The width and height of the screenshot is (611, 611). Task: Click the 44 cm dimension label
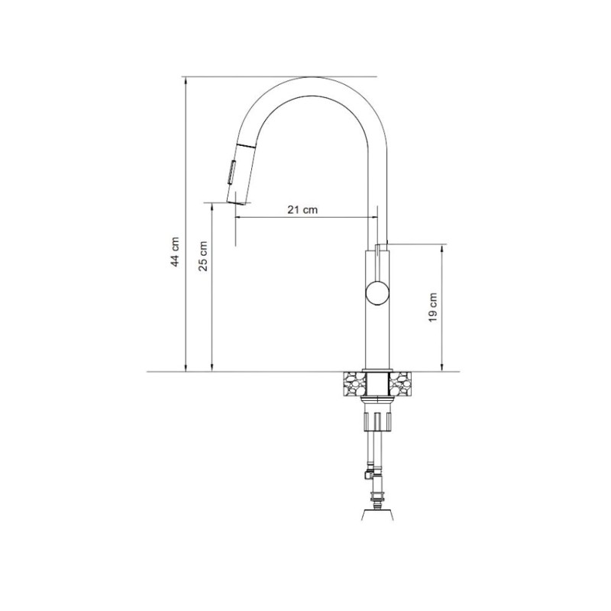click(x=176, y=252)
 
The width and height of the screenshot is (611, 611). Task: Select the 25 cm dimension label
click(x=203, y=256)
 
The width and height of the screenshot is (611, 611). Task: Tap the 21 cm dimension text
click(x=302, y=209)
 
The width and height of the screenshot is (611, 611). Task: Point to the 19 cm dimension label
click(x=432, y=308)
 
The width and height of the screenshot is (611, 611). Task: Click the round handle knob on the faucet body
click(x=377, y=293)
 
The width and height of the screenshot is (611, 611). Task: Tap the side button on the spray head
click(x=231, y=173)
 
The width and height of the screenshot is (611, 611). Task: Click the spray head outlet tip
click(x=235, y=202)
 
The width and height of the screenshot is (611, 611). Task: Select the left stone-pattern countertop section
click(x=354, y=384)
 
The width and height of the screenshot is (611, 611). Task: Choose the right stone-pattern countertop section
click(x=400, y=384)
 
